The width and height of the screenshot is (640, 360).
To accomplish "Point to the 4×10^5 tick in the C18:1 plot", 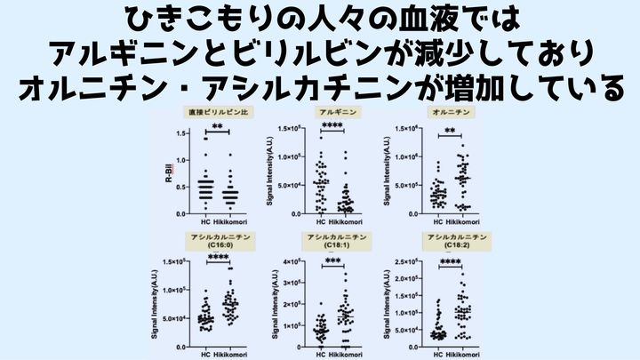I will coord(294,261).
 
